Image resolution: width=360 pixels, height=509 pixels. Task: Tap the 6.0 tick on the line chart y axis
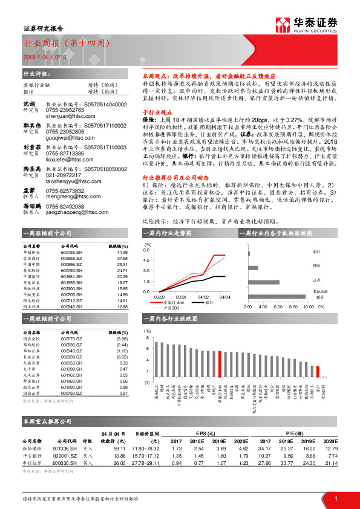[x=146, y=249]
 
